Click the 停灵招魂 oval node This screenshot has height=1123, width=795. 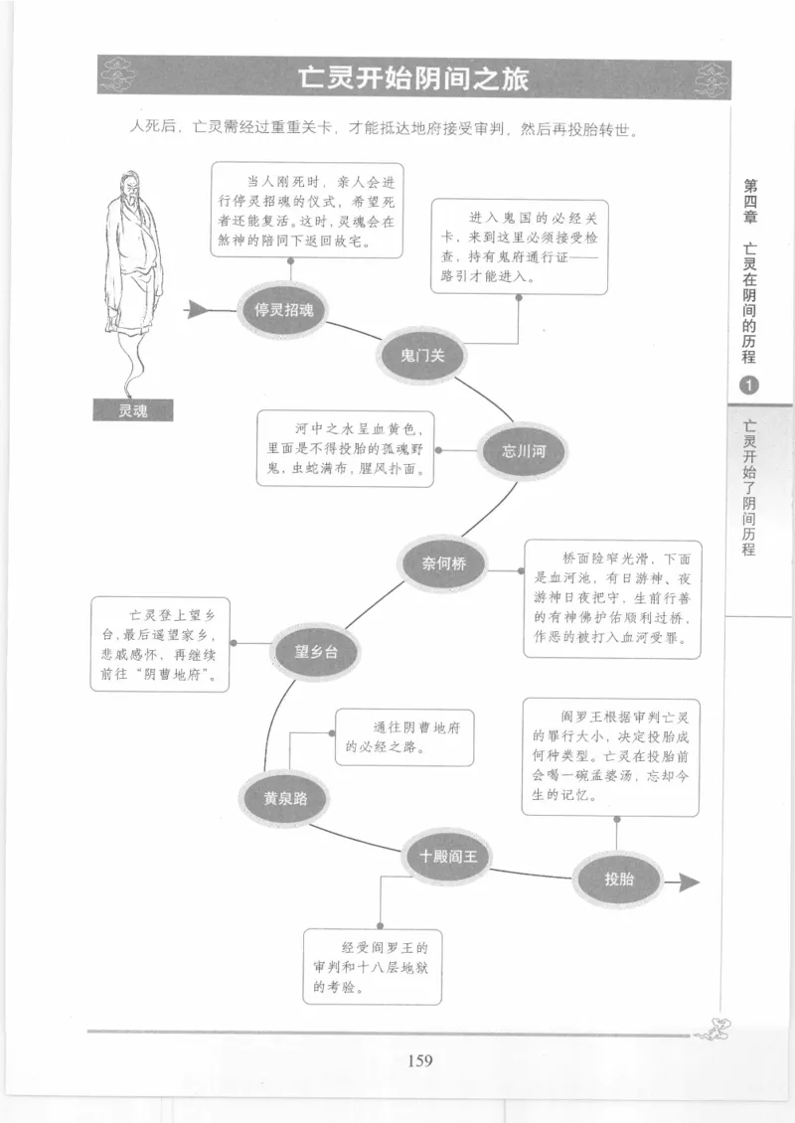coord(283,309)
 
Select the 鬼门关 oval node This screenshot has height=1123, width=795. coord(421,356)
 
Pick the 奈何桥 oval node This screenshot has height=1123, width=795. coord(443,563)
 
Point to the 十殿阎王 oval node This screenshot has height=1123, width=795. coord(448,855)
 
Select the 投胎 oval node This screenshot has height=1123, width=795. coord(618,879)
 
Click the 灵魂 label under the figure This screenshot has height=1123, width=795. coord(132,409)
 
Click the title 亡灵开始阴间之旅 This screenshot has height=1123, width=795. coord(415,79)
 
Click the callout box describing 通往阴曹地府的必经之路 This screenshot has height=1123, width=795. coord(403,736)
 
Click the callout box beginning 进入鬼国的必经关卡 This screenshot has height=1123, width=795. coord(519,245)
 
